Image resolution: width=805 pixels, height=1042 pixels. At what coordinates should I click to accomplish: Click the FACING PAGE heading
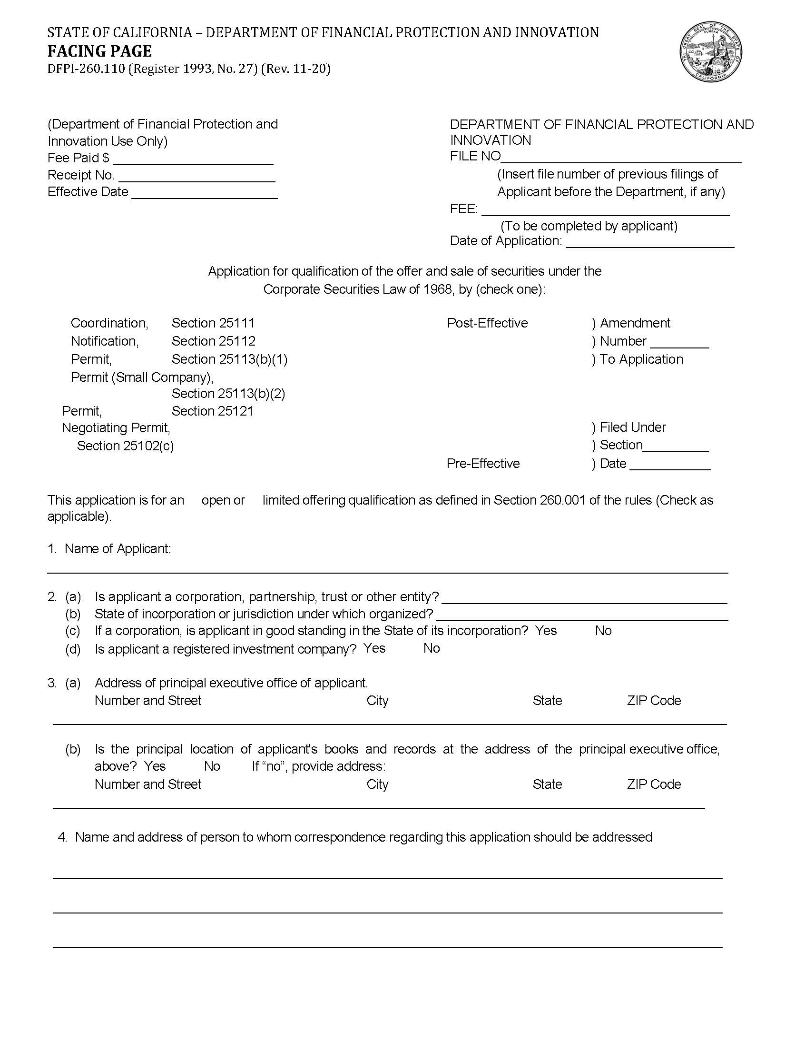coord(99,51)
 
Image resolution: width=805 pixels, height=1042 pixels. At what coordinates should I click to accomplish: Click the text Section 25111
coord(213,323)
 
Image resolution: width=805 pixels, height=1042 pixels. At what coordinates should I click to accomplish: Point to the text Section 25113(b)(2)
coord(228,393)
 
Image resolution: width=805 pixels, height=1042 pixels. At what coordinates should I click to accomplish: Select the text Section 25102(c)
coord(125,446)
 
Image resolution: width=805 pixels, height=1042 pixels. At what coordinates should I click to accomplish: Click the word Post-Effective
coord(487,323)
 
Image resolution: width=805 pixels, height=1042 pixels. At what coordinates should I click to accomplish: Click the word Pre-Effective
coord(482,463)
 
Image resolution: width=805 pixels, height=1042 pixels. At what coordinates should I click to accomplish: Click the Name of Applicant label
coord(118,549)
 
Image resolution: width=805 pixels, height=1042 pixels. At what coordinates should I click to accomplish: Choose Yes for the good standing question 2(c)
coord(546,630)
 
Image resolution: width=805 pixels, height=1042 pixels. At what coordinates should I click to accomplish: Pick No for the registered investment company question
coord(431,648)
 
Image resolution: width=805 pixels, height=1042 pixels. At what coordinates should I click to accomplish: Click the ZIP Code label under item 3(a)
coord(653,700)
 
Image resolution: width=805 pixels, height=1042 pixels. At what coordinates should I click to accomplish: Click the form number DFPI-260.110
coord(86,69)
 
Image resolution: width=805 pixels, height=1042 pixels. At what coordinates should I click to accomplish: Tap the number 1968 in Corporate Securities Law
coord(438,289)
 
